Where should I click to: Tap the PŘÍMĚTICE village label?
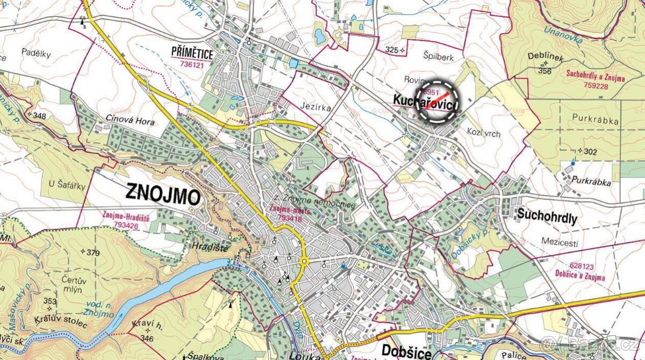tap(192, 54)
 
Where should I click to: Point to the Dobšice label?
tap(406, 351)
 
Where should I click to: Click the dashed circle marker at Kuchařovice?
tap(438, 102)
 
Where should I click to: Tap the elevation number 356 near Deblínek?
tap(544, 71)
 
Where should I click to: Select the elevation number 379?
tap(93, 253)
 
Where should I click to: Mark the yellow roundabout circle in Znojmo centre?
tap(304, 262)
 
